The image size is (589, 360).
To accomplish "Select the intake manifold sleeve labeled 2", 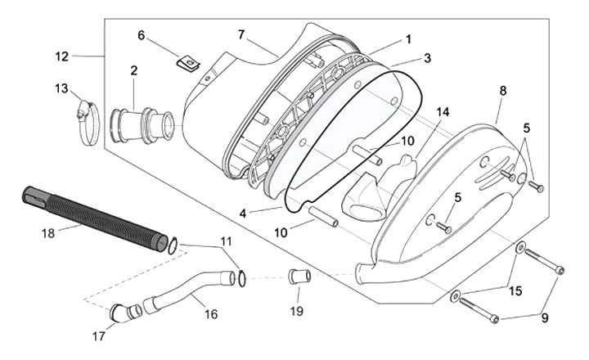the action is [x=142, y=125].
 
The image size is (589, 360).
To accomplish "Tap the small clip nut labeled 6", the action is [x=188, y=63].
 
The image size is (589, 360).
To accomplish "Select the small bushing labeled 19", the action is [x=299, y=276].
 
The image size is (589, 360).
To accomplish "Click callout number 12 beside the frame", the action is [x=62, y=56].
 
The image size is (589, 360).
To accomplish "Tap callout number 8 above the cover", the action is [x=502, y=91].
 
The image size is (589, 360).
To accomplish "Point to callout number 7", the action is [x=241, y=34].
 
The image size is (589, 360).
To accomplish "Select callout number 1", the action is [x=408, y=39].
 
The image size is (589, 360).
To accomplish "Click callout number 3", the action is [x=427, y=58].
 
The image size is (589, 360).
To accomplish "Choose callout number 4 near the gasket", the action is [x=243, y=214].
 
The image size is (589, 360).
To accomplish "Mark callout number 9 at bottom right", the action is [x=545, y=318].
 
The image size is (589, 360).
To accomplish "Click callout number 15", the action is [x=515, y=290].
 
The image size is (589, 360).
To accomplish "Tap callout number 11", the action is [x=226, y=241].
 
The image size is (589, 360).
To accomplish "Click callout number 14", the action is [x=443, y=111].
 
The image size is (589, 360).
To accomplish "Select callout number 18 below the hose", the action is [x=48, y=233].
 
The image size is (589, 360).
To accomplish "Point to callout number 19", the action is [x=297, y=311].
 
